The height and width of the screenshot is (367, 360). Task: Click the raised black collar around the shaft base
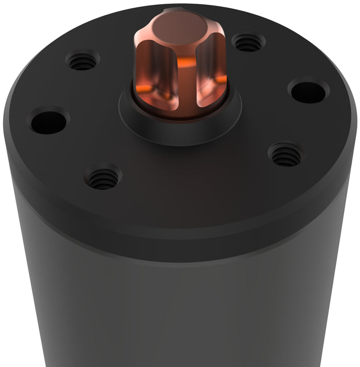point(178,128)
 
